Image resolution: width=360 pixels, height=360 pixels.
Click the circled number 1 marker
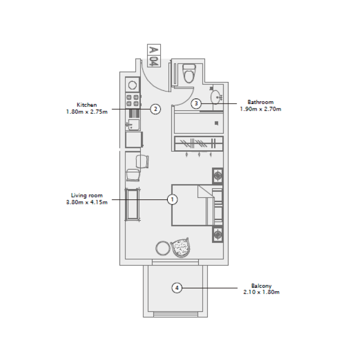(172, 199)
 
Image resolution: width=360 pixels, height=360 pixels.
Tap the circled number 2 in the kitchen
(155, 108)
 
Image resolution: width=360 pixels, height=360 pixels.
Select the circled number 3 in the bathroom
(196, 103)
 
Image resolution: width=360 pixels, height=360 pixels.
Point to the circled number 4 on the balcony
(177, 288)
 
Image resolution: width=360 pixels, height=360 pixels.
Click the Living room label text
(87, 195)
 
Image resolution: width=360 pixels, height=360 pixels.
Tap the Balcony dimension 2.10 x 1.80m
(261, 292)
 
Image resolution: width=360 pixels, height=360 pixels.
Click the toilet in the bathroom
(189, 72)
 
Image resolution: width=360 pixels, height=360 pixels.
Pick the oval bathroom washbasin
(216, 97)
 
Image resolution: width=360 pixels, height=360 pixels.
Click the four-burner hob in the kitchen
(133, 100)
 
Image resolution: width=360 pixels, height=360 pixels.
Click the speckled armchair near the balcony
(183, 247)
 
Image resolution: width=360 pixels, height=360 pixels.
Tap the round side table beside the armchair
(162, 247)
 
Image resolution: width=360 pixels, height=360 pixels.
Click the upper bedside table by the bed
(218, 175)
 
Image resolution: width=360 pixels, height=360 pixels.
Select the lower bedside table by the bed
(218, 234)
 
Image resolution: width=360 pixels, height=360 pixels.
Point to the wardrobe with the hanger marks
(198, 144)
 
